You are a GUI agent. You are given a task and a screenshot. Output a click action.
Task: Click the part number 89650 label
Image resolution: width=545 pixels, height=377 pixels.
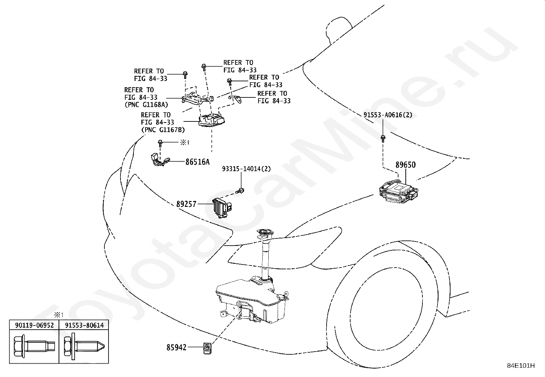pyautogui.click(x=405, y=165)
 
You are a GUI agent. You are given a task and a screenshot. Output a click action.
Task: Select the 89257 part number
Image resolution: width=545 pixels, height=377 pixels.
pyautogui.click(x=186, y=204)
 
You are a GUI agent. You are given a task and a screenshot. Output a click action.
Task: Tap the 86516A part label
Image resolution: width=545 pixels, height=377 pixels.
pyautogui.click(x=197, y=162)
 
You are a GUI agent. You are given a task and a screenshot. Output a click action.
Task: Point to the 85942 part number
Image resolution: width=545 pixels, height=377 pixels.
pyautogui.click(x=176, y=347)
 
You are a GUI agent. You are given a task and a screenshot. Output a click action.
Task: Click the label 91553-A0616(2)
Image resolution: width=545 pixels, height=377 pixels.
pyautogui.click(x=388, y=115)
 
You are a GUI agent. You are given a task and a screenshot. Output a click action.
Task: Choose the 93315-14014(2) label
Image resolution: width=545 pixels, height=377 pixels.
pyautogui.click(x=246, y=169)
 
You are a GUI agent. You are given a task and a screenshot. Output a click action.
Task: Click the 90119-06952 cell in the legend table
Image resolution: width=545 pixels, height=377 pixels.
pyautogui.click(x=34, y=325)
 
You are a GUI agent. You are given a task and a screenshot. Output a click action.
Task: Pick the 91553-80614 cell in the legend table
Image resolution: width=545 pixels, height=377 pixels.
pyautogui.click(x=84, y=325)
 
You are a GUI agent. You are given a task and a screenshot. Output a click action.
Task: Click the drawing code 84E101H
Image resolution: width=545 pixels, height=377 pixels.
pyautogui.click(x=521, y=366)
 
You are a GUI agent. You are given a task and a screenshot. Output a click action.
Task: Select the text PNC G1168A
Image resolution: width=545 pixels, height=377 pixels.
pyautogui.click(x=147, y=105)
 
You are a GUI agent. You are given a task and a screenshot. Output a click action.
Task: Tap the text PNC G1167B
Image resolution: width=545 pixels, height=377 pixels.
pyautogui.click(x=163, y=130)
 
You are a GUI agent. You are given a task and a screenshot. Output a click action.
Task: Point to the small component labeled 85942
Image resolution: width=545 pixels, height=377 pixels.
pyautogui.click(x=207, y=348)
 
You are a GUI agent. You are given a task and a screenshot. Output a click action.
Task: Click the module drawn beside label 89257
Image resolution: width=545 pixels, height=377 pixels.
pyautogui.click(x=222, y=207)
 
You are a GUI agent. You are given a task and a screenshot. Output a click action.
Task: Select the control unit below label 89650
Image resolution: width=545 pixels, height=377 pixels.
pyautogui.click(x=398, y=192)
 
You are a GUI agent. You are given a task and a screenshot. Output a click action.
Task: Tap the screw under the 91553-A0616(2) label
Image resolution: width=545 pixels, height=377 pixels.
pyautogui.click(x=383, y=138)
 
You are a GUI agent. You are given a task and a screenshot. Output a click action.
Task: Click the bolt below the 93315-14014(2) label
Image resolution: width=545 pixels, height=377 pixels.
pyautogui.click(x=240, y=191)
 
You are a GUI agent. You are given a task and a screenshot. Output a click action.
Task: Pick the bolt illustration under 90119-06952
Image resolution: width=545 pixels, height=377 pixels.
pyautogui.click(x=34, y=346)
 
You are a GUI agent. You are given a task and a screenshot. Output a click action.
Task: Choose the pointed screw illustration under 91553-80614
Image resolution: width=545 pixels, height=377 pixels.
pyautogui.click(x=84, y=346)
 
